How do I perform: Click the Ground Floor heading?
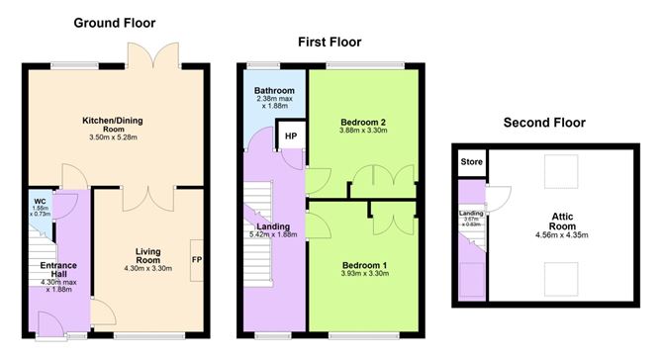pos(115,23)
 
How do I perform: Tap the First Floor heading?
pos(330,43)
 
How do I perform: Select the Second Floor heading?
pos(544,123)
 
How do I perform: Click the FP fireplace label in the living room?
pos(197,260)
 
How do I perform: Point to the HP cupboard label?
pos(291,136)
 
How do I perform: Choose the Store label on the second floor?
pos(472,162)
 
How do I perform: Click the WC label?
pos(40,202)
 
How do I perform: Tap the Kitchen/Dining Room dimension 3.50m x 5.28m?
pos(114,137)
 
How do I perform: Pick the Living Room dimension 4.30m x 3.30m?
pos(148,268)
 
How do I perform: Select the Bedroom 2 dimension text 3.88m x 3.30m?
pos(363,131)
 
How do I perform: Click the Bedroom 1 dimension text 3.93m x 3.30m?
pos(365,273)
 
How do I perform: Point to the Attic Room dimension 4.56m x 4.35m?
pos(562,234)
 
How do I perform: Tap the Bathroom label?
pos(274,91)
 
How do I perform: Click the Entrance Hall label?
pos(58,270)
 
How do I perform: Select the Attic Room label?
pos(562,222)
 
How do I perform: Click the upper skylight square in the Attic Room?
pos(561,171)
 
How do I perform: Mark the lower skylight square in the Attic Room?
pos(561,279)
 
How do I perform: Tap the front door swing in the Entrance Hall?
pos(50,324)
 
